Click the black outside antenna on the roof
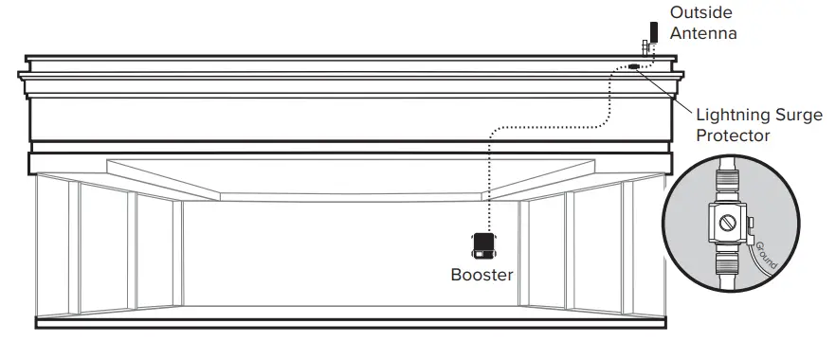[654, 31]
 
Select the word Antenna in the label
[703, 33]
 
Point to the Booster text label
[482, 276]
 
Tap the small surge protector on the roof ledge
[631, 67]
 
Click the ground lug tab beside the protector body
[750, 225]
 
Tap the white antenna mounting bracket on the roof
[645, 47]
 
